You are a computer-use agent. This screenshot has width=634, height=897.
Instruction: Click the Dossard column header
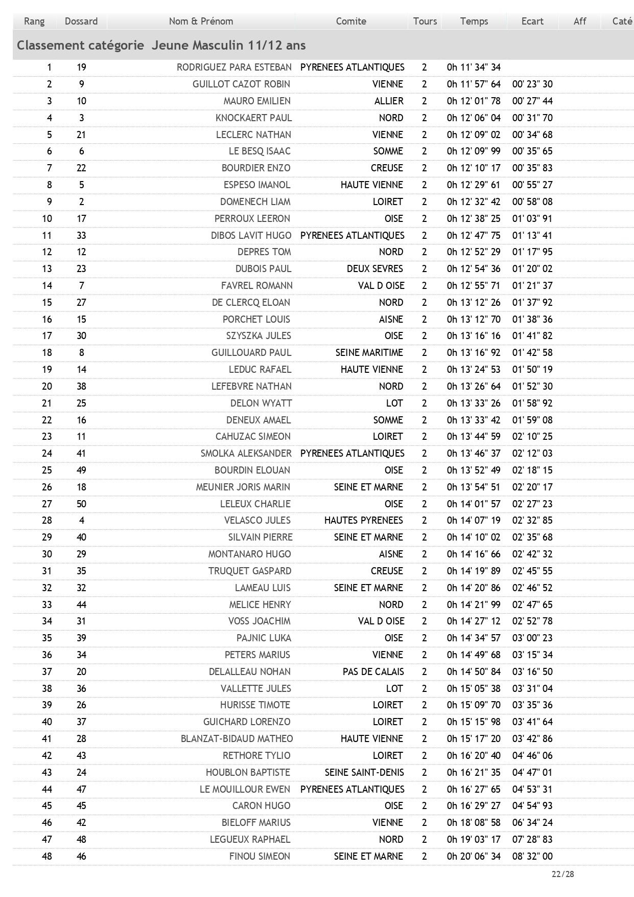tap(81, 21)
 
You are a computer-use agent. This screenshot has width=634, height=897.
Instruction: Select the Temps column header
tap(474, 21)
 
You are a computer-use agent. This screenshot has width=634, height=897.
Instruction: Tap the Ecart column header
tap(532, 21)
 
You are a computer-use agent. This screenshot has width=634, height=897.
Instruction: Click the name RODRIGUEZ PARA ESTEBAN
tap(234, 68)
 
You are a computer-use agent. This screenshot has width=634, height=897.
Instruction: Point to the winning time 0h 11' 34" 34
tap(474, 68)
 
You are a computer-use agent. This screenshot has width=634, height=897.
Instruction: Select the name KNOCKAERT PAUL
tap(253, 118)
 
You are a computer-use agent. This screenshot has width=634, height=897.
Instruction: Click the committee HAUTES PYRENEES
tap(363, 521)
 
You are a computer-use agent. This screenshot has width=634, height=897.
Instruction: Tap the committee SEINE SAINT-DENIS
tap(364, 773)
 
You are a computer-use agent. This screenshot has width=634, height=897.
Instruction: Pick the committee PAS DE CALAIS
tap(373, 672)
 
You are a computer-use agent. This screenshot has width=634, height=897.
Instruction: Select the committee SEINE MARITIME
tap(369, 353)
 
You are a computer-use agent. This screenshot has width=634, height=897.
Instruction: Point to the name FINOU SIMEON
tap(260, 857)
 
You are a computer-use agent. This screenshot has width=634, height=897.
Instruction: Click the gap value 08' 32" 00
tap(532, 857)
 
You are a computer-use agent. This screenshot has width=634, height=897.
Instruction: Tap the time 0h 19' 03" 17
tap(474, 840)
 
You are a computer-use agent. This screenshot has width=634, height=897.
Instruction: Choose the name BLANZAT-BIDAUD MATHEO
tap(237, 739)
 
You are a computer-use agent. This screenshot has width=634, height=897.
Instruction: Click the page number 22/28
tap(562, 874)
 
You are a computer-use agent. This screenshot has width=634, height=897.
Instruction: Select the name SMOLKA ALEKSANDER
tap(246, 454)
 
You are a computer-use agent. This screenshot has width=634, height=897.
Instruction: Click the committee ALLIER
tap(388, 101)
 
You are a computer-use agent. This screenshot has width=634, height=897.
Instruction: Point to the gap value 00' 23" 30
tap(532, 84)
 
